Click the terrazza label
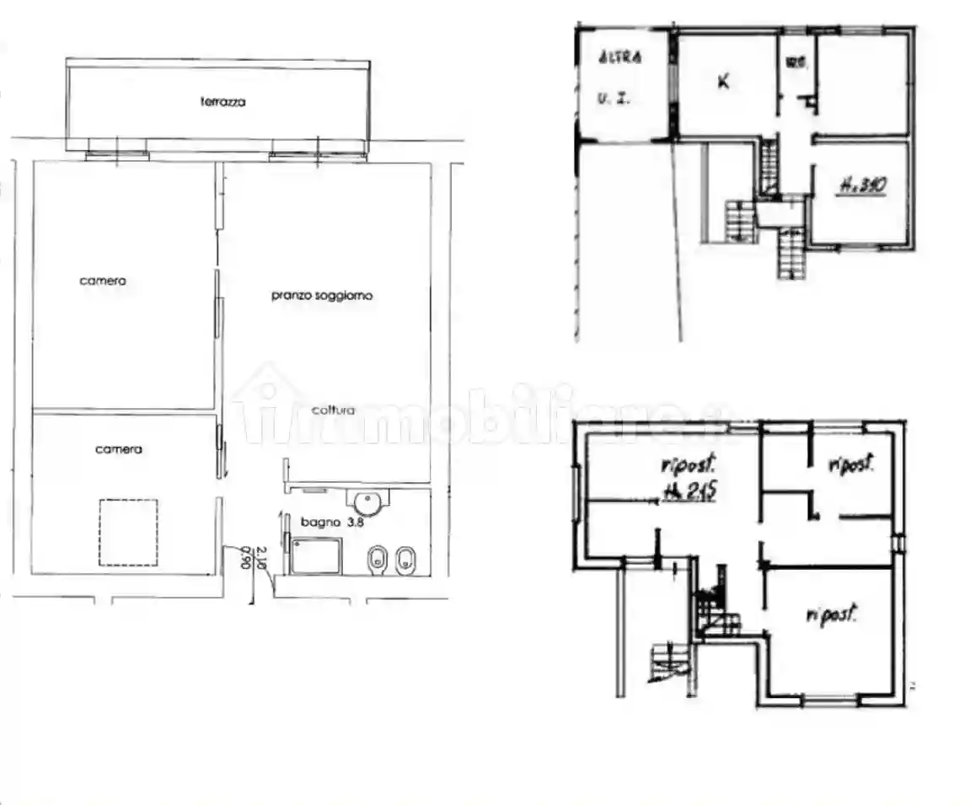[x=222, y=102]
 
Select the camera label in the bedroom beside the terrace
[x=103, y=281]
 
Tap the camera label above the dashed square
[x=118, y=449]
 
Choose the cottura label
[x=332, y=411]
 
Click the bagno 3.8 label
[x=321, y=523]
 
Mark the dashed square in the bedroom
[x=128, y=533]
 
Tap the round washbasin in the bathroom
[x=368, y=504]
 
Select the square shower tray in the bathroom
[x=317, y=556]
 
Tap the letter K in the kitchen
[x=722, y=82]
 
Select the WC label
[x=792, y=62]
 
